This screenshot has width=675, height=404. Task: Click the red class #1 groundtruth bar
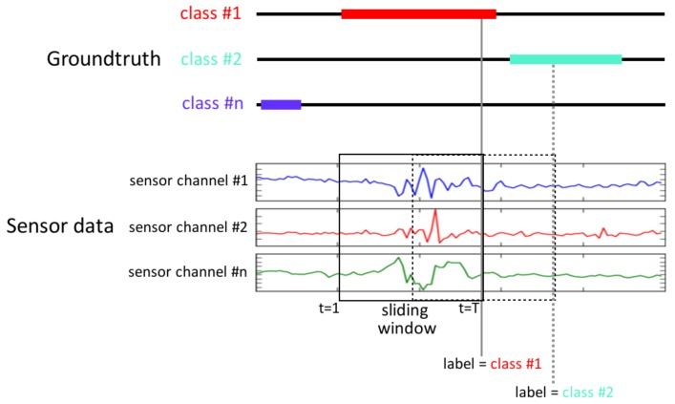[418, 14]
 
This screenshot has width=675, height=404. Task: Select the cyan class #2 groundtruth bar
[565, 59]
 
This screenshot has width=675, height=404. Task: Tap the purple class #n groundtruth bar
[281, 104]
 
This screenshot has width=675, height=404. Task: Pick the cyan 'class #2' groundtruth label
[210, 59]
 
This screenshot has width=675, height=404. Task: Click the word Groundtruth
[104, 59]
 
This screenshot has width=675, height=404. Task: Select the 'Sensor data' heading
[60, 226]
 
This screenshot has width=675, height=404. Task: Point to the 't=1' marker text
[328, 308]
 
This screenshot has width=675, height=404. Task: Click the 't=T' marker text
[468, 308]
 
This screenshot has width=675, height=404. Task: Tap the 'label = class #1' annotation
[493, 364]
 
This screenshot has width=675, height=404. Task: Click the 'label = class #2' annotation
[564, 391]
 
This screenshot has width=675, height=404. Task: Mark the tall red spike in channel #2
[434, 212]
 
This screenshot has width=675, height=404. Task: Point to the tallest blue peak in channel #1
[423, 169]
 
